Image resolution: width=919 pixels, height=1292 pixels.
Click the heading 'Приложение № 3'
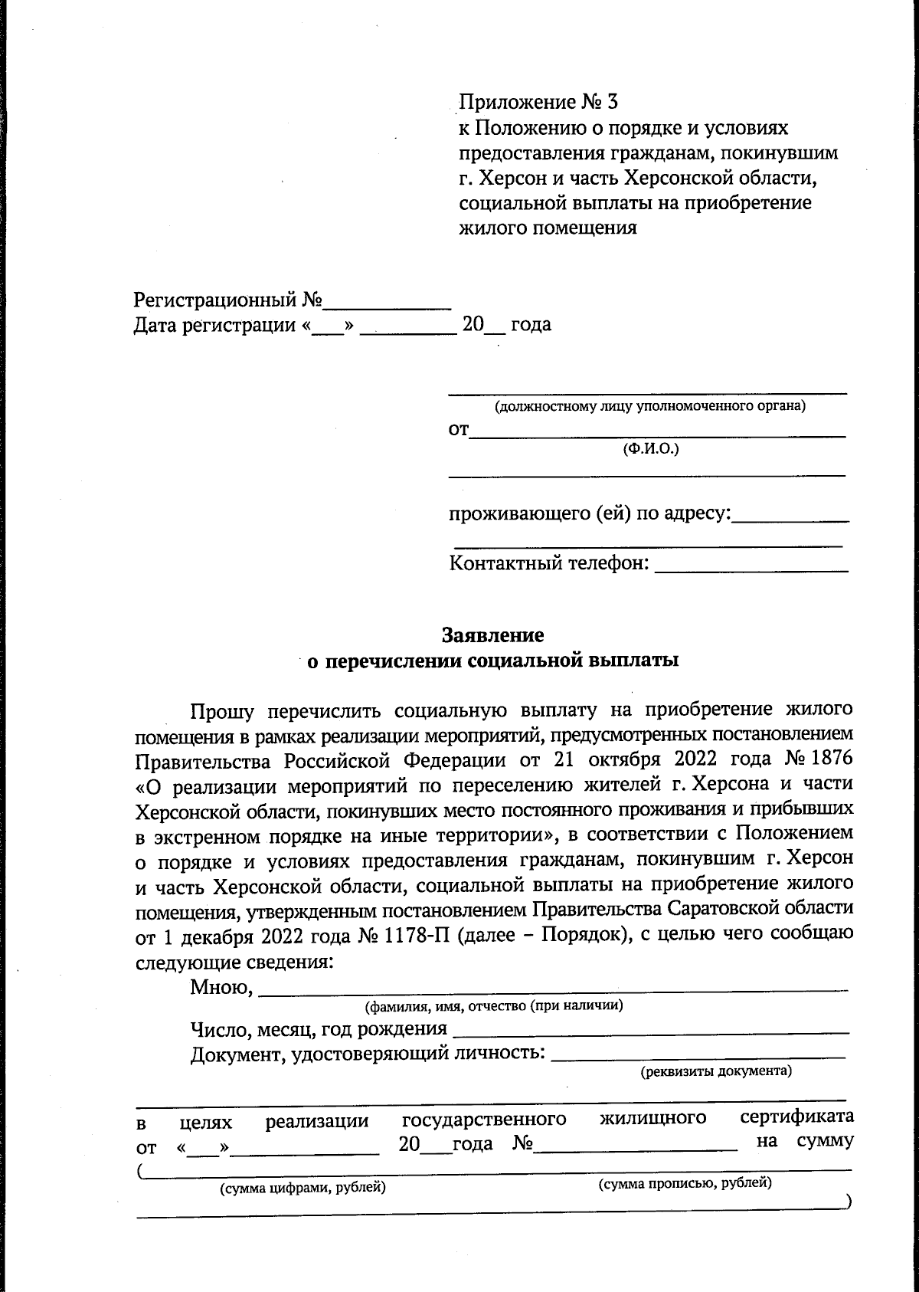click(537, 102)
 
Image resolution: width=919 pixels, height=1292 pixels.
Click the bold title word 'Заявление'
click(492, 635)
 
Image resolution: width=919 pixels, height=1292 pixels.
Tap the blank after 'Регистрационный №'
click(388, 300)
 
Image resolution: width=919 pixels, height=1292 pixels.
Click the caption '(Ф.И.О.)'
click(651, 449)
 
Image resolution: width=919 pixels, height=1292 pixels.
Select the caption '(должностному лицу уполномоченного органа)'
click(649, 406)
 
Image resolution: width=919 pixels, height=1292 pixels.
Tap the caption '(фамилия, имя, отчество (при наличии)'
click(494, 1005)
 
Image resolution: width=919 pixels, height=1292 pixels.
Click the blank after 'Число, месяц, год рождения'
click(650, 1028)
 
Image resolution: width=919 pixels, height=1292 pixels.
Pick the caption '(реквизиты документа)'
click(715, 1071)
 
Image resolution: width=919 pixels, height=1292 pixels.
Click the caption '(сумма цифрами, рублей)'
click(303, 1189)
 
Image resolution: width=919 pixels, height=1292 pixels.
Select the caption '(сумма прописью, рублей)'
click(684, 1183)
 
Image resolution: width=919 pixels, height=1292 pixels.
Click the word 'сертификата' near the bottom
click(796, 1117)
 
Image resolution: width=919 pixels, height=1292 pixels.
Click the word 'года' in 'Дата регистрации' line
click(531, 325)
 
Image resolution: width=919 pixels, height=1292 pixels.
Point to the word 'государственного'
click(484, 1120)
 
